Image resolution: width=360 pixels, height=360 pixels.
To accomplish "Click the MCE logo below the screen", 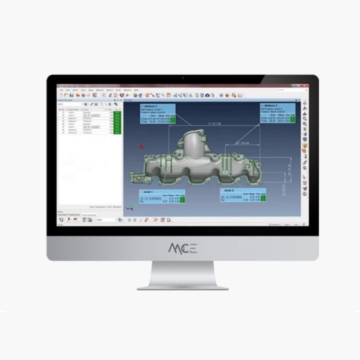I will [183, 248].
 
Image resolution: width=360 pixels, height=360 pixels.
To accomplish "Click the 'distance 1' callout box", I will [157, 114].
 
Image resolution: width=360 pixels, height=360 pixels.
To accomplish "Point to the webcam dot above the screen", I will [183, 78].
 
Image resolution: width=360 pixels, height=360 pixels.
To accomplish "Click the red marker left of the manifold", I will [142, 147].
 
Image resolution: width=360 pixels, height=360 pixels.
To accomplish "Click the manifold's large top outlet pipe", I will [199, 138].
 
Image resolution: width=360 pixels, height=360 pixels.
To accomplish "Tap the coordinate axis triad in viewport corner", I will [129, 210].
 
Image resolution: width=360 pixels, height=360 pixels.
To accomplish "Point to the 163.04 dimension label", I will [243, 143].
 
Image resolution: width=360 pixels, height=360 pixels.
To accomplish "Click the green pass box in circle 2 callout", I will [265, 198].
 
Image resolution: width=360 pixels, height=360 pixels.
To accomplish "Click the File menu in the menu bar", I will [61, 90].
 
